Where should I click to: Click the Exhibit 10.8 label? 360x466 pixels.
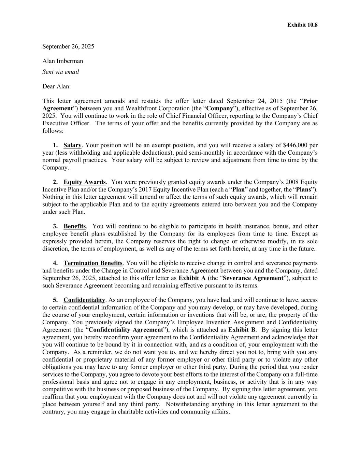coord(302,25)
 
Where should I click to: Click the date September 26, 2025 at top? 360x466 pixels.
coord(68,46)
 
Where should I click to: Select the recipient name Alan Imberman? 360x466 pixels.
coord(63,61)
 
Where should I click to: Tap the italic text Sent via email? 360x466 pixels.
coord(61,72)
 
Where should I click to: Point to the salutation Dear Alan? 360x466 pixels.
coord(57,86)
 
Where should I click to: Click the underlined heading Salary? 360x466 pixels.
coord(72,145)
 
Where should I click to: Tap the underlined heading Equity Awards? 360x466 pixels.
coord(85,182)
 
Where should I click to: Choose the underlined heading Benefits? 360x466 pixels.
coord(75,226)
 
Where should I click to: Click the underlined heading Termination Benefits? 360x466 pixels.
coord(93,263)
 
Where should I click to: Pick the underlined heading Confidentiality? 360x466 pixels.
coord(84,300)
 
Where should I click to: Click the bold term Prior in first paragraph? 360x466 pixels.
coord(310,101)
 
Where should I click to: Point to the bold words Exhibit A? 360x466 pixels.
coord(192,278)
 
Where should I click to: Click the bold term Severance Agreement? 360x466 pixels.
coord(253,278)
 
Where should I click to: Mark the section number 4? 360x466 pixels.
coord(55,263)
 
